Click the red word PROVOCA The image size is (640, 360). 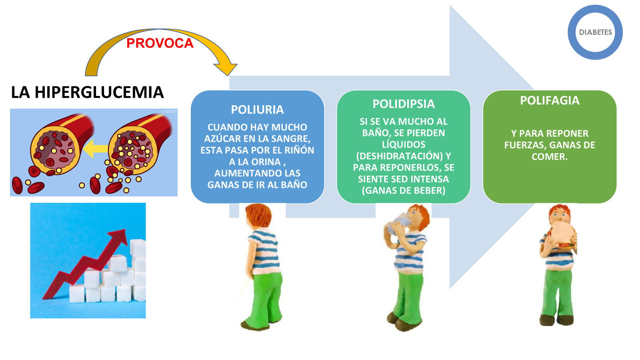click(160, 43)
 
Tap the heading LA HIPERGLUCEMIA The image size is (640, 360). click(87, 92)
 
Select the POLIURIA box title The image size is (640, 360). click(257, 110)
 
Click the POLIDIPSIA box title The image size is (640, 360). click(403, 104)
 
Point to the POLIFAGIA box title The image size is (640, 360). click(549, 100)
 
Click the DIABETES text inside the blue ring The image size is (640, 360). click(595, 32)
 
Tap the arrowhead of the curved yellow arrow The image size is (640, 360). click(226, 68)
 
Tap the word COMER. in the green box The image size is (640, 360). click(549, 157)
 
